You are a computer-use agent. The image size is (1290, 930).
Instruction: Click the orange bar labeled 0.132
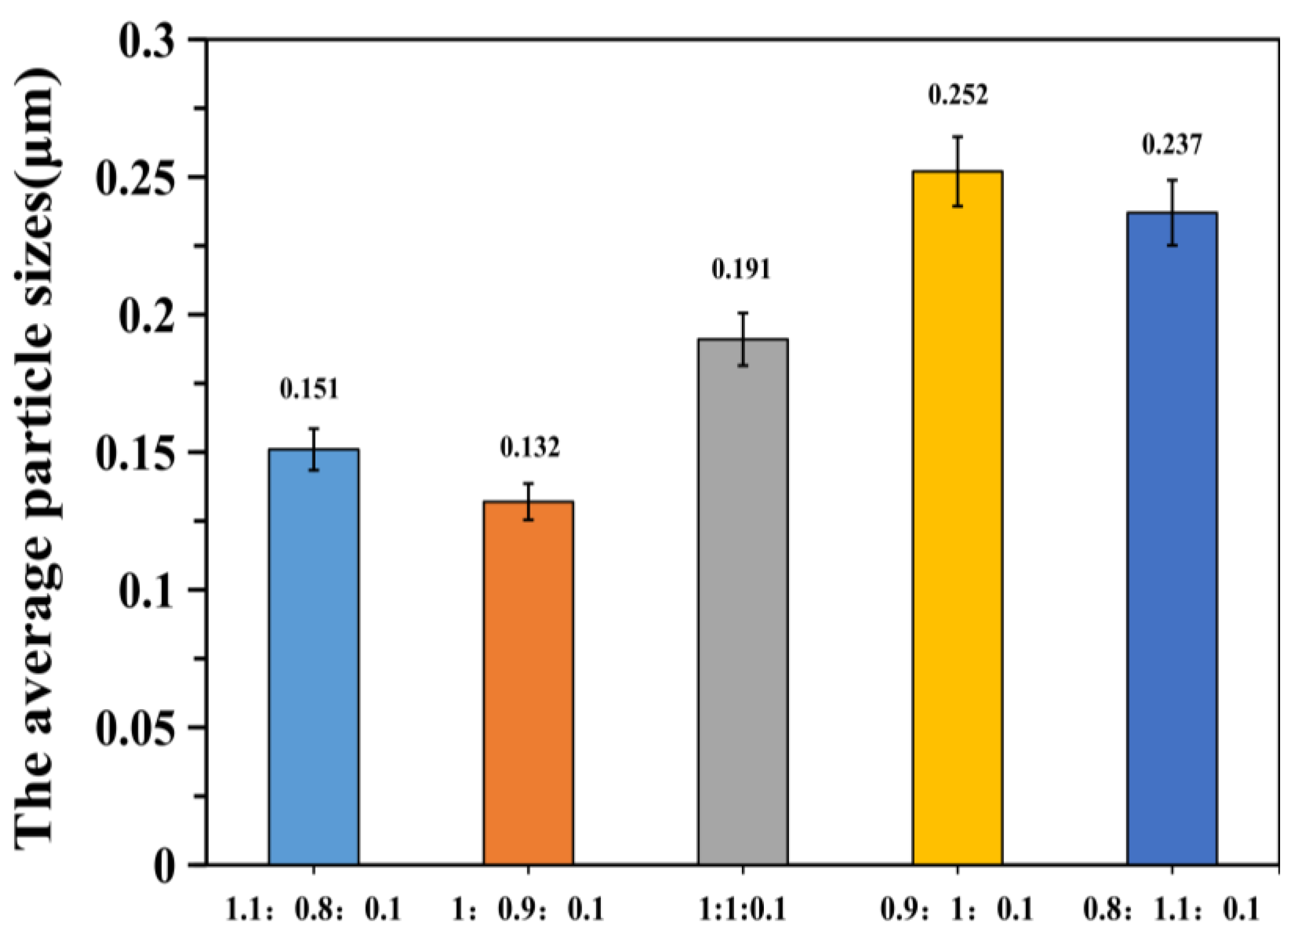click(528, 682)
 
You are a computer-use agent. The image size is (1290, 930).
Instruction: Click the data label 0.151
click(309, 390)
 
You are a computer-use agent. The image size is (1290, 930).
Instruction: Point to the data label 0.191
click(741, 269)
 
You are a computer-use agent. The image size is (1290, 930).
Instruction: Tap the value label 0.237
click(1172, 145)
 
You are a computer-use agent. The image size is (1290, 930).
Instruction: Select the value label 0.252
click(958, 95)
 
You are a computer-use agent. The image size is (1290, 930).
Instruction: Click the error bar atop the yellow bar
click(957, 171)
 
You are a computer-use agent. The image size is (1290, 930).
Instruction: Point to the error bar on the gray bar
click(743, 339)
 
